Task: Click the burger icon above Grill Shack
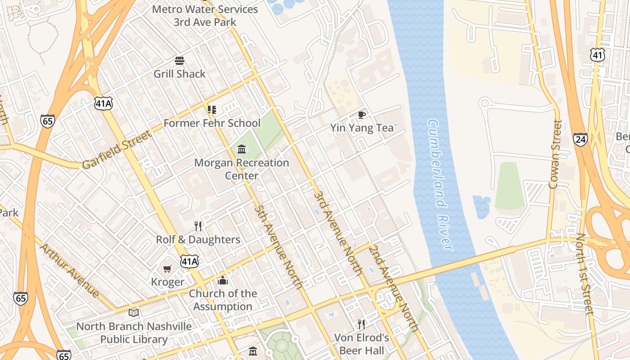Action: (x=180, y=61)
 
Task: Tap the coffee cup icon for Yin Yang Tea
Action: (x=361, y=115)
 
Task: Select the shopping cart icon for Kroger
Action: (x=167, y=269)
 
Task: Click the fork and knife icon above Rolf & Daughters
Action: (x=198, y=226)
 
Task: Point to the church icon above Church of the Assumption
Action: (x=223, y=281)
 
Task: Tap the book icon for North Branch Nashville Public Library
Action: (x=134, y=313)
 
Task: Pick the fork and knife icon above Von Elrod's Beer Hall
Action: (x=361, y=324)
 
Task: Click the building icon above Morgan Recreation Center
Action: (x=242, y=149)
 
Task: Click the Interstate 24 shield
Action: (x=580, y=139)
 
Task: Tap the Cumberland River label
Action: (x=440, y=184)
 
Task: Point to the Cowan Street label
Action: (x=555, y=154)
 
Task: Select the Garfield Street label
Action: (x=117, y=149)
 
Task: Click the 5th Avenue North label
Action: (x=278, y=247)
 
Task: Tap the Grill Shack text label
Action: (x=180, y=74)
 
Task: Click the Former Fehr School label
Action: (x=212, y=123)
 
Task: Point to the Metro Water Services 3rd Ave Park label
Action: (x=205, y=15)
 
